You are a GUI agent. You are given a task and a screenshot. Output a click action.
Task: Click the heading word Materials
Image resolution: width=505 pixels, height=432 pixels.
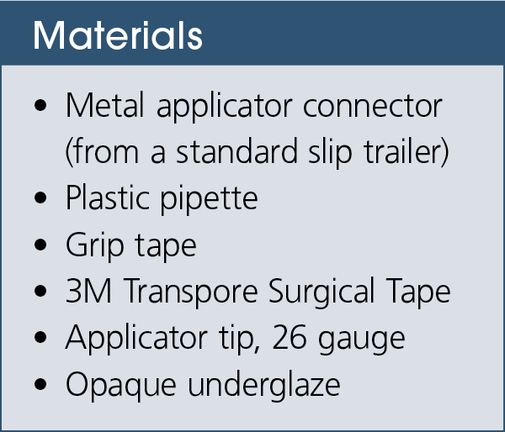[x=117, y=36]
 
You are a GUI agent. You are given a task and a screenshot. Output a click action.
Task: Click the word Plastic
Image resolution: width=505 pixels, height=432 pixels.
[x=109, y=199]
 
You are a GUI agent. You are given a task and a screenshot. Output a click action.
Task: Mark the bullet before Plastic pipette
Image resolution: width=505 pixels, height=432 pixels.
[x=42, y=200]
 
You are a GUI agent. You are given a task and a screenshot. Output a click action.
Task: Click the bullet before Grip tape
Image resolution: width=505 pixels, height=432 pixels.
[x=42, y=246]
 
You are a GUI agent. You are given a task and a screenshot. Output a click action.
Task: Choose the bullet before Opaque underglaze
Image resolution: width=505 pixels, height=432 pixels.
[x=42, y=385]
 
